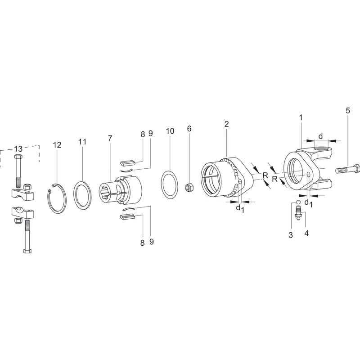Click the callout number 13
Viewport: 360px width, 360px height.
pyautogui.click(x=18, y=149)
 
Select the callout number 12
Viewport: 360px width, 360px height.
pyautogui.click(x=57, y=145)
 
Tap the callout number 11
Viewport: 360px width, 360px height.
pyautogui.click(x=82, y=142)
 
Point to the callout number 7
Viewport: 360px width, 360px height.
pyautogui.click(x=110, y=139)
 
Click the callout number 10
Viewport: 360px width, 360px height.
pyautogui.click(x=170, y=131)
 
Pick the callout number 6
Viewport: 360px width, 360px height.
pyautogui.click(x=189, y=129)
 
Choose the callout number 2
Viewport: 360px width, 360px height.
pyautogui.click(x=227, y=124)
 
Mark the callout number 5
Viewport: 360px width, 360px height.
pyautogui.click(x=348, y=111)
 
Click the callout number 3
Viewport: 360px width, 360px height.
pyautogui.click(x=291, y=235)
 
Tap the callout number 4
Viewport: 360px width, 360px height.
pyautogui.click(x=306, y=233)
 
